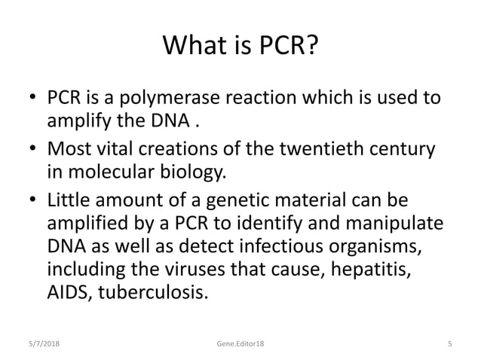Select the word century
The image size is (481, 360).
coord(404,149)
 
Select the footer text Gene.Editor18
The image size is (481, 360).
coord(240,343)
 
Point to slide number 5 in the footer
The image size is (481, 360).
coord(449,343)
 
